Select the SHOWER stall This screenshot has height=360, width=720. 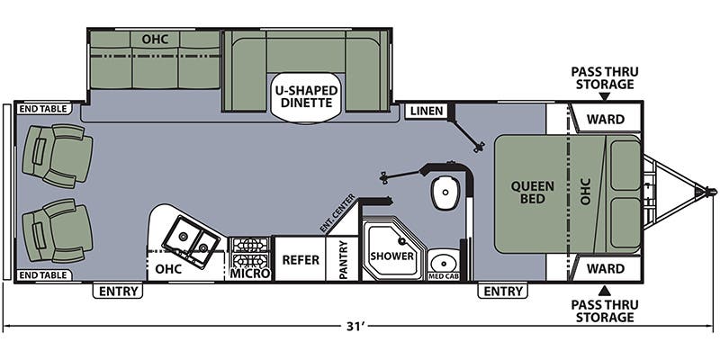pos(391,256)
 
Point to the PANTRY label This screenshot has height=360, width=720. pos(343,259)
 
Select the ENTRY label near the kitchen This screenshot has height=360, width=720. pos(120,291)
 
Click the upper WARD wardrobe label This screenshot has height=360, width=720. pos(605,119)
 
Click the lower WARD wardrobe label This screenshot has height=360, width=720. pos(605,268)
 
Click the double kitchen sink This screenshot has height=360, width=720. pos(193,236)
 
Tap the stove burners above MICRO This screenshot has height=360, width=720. pos(249,244)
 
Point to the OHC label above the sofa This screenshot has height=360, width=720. pos(155,40)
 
